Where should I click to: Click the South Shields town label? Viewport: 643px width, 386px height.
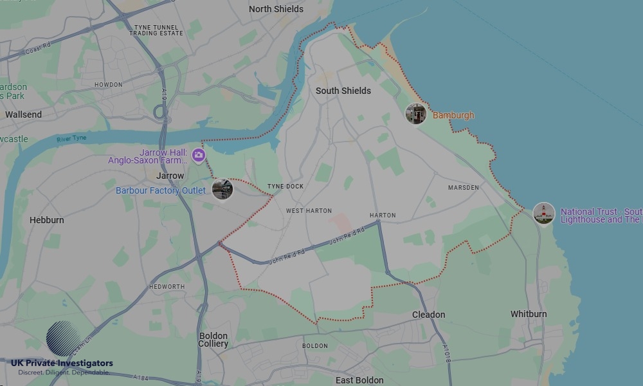coord(343,91)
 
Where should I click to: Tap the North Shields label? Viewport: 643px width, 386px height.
coord(276,9)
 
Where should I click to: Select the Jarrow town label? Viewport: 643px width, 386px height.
coord(170,176)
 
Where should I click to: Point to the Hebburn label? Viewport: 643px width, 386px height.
coord(47,220)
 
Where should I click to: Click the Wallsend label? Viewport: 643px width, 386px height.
coord(23,115)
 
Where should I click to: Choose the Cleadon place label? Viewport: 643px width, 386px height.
coord(428,315)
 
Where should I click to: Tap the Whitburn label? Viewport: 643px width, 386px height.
coord(529,314)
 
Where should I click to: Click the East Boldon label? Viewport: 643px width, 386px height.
coord(359,380)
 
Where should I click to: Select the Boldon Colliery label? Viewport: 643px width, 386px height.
coord(213,340)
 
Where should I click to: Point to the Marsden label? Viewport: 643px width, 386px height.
coord(463,188)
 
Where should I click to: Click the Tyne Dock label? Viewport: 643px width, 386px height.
coord(285,187)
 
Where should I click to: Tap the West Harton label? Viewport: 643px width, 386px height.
coord(309,211)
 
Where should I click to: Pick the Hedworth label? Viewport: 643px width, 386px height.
coord(167,287)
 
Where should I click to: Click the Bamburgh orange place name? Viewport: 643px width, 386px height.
coord(453,116)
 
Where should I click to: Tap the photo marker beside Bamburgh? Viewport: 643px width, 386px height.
coord(416,114)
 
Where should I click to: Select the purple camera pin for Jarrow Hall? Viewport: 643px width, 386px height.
coord(199,156)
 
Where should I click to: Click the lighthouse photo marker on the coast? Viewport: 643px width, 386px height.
coord(544,213)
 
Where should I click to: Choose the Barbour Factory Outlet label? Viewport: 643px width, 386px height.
coord(161,190)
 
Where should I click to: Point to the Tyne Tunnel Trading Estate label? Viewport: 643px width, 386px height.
coord(157,30)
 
